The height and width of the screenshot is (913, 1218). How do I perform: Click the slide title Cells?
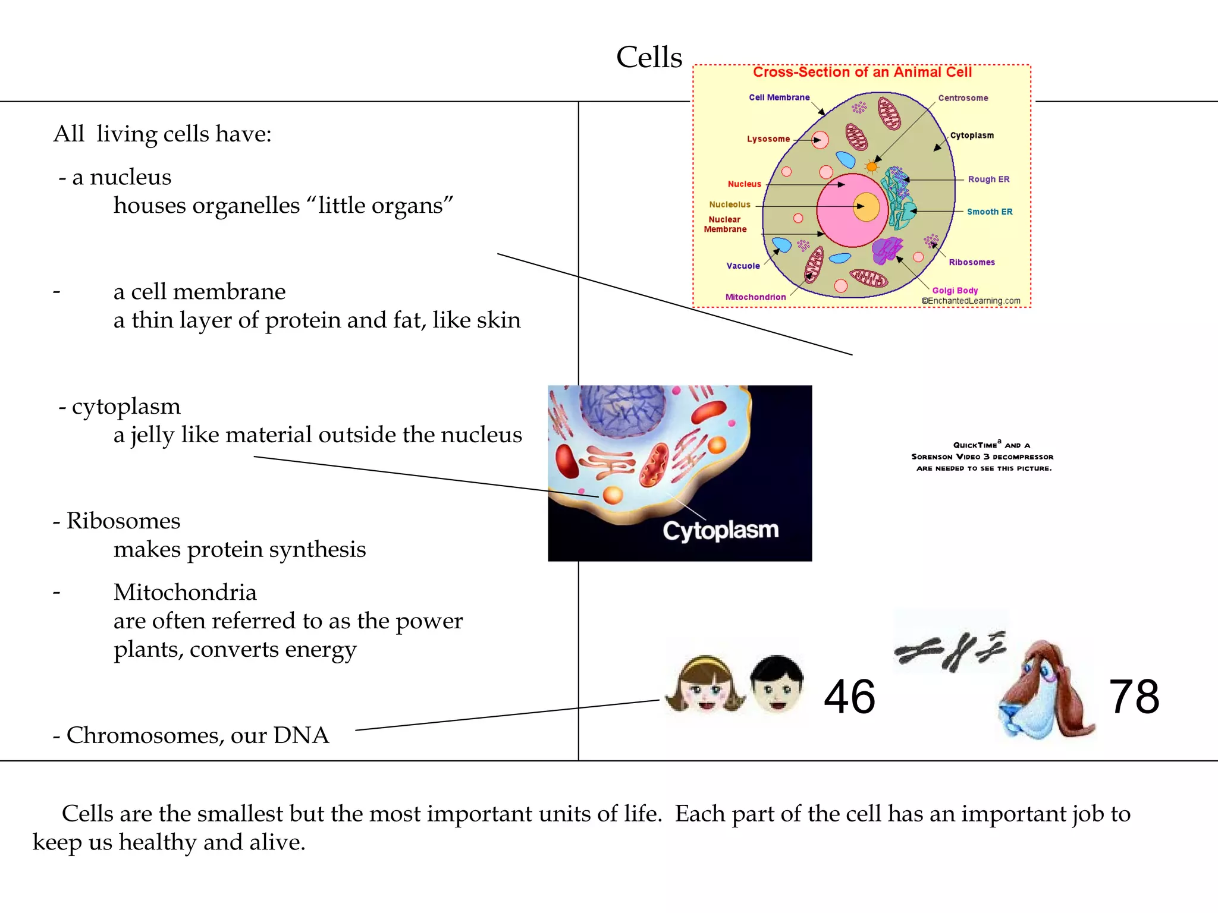tap(649, 58)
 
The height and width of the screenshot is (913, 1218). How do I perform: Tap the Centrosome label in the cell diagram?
tap(963, 98)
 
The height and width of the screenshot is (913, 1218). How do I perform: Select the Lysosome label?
tap(768, 139)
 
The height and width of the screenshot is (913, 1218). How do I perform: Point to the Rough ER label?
tap(988, 180)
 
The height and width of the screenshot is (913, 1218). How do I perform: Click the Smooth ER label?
tap(990, 212)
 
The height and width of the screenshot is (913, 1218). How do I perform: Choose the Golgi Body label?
tap(955, 291)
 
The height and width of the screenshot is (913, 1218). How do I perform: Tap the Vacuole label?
tap(743, 266)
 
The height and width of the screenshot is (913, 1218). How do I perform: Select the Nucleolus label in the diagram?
tap(730, 204)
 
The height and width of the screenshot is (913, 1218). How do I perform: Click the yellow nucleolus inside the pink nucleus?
tap(867, 207)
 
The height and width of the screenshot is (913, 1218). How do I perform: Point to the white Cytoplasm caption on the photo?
tap(720, 530)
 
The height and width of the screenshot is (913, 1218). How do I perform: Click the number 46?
tap(849, 697)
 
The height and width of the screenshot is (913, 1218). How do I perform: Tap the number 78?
tap(1134, 697)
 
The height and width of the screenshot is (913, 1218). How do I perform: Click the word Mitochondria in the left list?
tap(185, 593)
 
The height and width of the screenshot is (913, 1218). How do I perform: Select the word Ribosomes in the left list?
tap(123, 521)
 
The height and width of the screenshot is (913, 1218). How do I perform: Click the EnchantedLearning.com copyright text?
tap(971, 301)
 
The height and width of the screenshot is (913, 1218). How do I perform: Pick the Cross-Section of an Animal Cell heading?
tap(862, 73)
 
